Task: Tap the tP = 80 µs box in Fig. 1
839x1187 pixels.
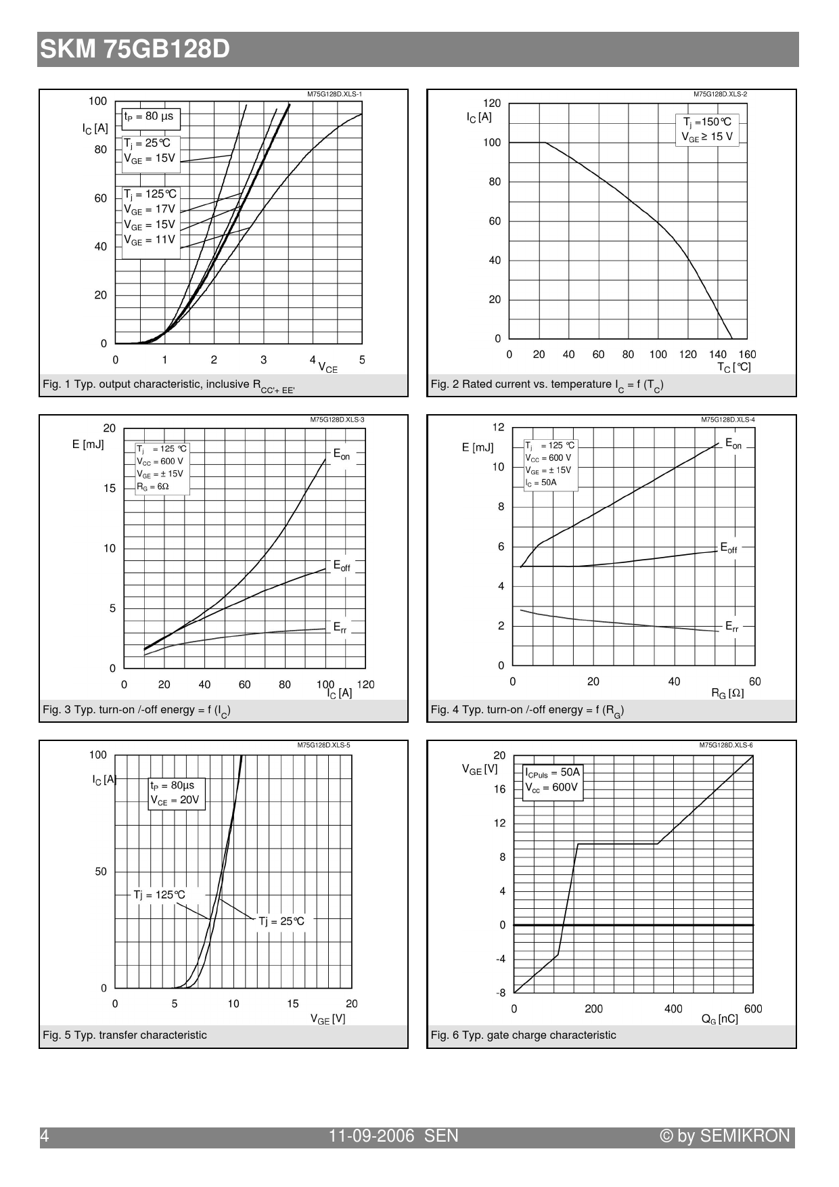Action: click(x=149, y=116)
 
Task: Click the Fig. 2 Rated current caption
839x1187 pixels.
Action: click(x=547, y=384)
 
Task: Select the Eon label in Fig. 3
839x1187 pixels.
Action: click(x=342, y=454)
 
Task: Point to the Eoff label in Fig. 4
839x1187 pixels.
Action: click(x=729, y=547)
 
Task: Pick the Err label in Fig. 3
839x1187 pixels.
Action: click(x=340, y=627)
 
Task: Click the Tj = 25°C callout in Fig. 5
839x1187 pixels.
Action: click(x=281, y=921)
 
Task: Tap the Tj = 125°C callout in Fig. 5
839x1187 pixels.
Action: click(x=159, y=895)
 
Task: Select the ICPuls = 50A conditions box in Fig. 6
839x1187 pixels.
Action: click(x=552, y=780)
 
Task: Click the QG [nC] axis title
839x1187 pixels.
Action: click(x=719, y=1019)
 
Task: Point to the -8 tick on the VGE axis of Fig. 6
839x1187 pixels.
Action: click(x=501, y=993)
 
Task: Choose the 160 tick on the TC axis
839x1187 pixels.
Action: click(x=747, y=354)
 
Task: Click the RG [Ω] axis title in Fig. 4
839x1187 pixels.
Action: click(x=727, y=693)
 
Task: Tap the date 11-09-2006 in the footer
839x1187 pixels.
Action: click(x=371, y=1136)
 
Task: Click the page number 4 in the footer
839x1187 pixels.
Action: click(x=45, y=1136)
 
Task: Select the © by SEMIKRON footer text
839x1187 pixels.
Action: click(x=725, y=1136)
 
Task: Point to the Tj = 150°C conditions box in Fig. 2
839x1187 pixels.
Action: click(x=707, y=129)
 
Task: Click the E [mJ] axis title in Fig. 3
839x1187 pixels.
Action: click(x=88, y=445)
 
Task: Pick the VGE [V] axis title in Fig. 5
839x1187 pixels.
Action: click(x=327, y=1018)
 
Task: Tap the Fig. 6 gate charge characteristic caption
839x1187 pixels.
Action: click(x=523, y=1035)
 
